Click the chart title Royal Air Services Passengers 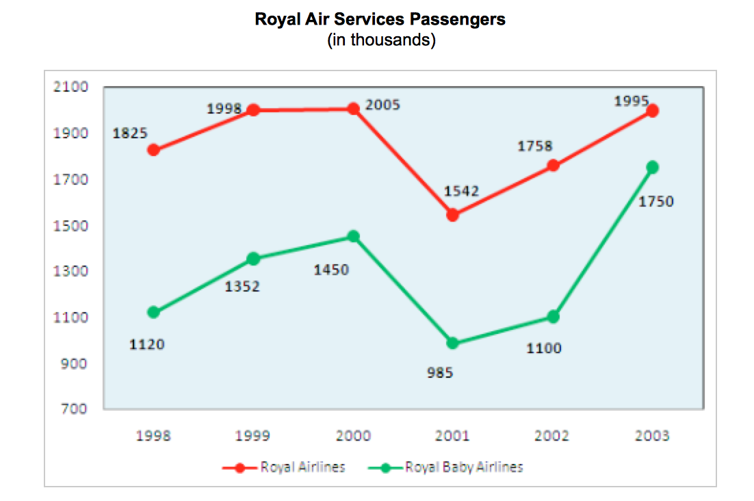pos(380,19)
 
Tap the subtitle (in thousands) pos(381,40)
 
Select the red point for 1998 pos(154,151)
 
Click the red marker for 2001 pos(452,215)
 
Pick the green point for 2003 pos(652,167)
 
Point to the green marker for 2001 pos(452,343)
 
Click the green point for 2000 pos(353,237)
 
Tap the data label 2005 pos(382,105)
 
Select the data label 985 pos(441,374)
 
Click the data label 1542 pos(461,191)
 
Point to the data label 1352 pos(242,287)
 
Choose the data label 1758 pos(535,146)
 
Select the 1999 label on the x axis pos(252,436)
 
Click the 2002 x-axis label pos(553,436)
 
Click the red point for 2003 pos(652,111)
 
